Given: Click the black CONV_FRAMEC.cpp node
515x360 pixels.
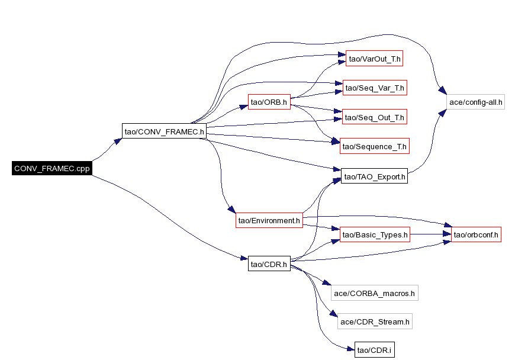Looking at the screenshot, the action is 52,168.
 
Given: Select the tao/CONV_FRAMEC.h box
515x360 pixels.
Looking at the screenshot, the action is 164,131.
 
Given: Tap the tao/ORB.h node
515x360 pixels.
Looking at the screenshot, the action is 269,102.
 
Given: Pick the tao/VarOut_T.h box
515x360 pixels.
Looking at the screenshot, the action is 375,59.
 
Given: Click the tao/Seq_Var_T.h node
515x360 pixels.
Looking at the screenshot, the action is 375,88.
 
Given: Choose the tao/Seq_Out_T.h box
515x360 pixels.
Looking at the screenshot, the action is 375,117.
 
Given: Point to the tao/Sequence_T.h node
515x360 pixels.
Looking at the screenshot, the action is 375,146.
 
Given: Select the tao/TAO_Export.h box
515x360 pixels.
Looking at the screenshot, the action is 375,176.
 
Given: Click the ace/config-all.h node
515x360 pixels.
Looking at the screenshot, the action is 475,102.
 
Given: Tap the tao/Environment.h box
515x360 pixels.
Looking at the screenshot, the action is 269,220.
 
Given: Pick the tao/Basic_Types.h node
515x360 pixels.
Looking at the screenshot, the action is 375,234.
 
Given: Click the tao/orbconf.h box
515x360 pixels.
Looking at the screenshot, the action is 476,234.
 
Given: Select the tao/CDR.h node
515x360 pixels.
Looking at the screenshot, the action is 269,263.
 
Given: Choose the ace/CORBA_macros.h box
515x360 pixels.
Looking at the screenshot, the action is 375,293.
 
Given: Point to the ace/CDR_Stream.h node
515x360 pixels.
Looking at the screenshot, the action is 375,322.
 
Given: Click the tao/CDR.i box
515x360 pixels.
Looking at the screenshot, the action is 375,350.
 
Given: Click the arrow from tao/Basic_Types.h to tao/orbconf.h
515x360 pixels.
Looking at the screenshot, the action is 430,234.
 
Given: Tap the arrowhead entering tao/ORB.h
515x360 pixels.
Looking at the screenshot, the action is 244,107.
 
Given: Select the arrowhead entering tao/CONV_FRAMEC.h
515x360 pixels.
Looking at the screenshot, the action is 118,142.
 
